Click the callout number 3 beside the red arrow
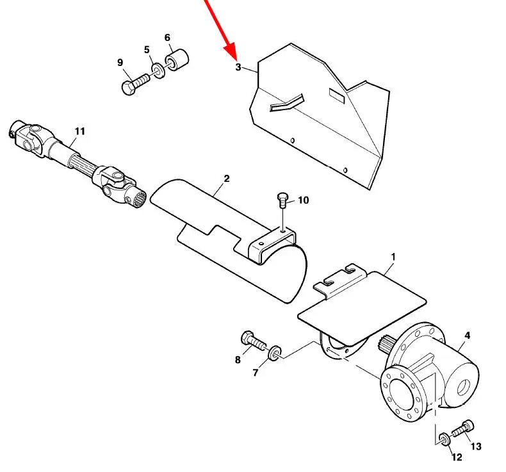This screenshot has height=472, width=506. tap(238, 67)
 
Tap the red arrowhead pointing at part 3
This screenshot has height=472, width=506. tap(231, 51)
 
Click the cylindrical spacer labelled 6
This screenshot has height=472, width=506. tap(177, 60)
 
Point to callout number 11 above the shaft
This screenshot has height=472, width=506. tap(79, 131)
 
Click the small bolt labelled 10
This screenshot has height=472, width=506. tap(282, 200)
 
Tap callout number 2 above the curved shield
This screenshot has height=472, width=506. tap(227, 179)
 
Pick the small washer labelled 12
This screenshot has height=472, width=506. tap(445, 439)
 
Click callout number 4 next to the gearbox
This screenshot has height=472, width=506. tap(468, 336)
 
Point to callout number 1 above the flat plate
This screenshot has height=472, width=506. tap(393, 257)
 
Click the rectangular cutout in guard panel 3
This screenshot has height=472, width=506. tap(337, 96)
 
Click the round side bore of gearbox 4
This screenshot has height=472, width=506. tap(464, 387)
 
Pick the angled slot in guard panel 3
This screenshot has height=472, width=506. tap(286, 102)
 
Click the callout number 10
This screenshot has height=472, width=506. tap(303, 200)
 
